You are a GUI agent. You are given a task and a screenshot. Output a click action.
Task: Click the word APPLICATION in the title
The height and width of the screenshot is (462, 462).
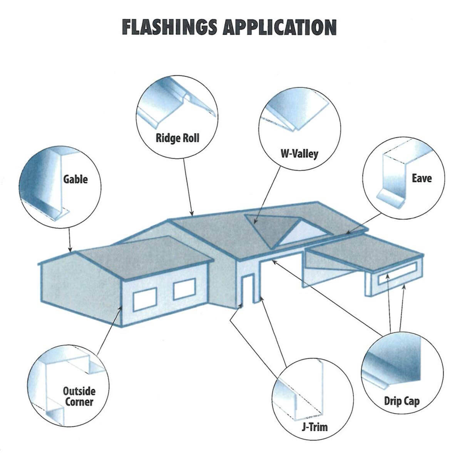pos(280,27)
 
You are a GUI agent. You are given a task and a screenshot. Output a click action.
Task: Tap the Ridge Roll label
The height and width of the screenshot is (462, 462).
pos(177,138)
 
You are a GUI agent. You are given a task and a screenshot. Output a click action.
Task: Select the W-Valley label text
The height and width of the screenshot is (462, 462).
pos(299,154)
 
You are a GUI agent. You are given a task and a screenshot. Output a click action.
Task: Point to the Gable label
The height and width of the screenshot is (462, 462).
pos(75,179)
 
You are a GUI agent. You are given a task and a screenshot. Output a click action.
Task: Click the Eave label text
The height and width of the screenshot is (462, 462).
pos(422,178)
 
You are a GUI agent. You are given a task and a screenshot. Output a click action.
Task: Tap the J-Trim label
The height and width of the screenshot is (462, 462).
pos(314,427)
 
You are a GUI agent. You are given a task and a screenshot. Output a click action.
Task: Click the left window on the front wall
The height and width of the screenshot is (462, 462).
pos(145,301)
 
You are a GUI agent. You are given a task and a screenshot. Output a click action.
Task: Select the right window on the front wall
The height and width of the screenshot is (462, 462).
pos(185,290)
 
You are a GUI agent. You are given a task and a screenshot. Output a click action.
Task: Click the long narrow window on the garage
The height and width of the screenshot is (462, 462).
pos(397,274)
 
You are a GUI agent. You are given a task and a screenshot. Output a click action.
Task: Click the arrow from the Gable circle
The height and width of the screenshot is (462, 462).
pos(70,239)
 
